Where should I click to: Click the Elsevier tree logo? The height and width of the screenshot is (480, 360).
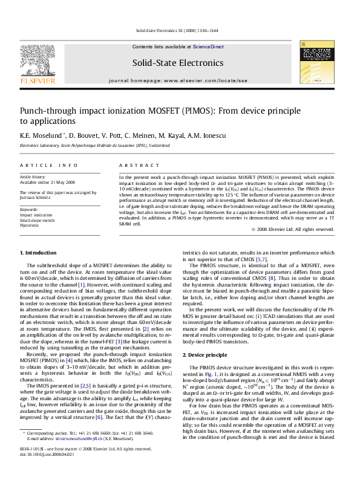pyautogui.click(x=38, y=60)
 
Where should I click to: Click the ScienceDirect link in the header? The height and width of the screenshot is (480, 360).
pyautogui.click(x=209, y=47)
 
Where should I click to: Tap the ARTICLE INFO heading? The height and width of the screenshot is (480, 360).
pyautogui.click(x=49, y=165)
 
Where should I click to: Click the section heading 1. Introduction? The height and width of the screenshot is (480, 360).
pyautogui.click(x=38, y=252)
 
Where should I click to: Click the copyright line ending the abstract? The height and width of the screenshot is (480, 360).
pyautogui.click(x=293, y=230)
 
